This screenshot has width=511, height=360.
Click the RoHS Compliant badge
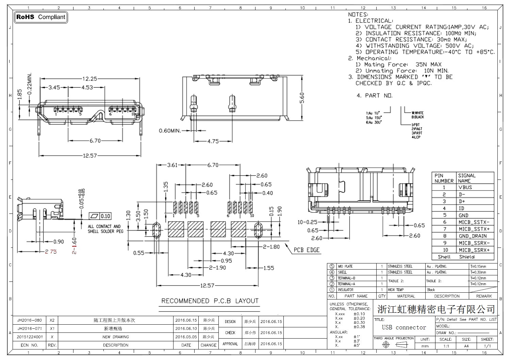coord(41,17)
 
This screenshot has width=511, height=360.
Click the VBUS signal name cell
coord(465,187)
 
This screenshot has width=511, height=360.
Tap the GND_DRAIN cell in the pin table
coord(473,236)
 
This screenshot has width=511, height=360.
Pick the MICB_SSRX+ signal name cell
coord(474,250)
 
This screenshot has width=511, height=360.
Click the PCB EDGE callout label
coord(307,250)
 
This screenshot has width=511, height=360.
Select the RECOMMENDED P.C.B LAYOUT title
coord(210,301)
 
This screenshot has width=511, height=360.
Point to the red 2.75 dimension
coord(51,252)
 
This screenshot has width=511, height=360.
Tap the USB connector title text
coord(404,327)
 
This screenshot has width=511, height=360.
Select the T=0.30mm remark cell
coord(478,272)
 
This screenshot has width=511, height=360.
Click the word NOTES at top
coord(358,15)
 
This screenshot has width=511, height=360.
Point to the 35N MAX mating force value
coord(428,65)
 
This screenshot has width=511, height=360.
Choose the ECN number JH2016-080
coord(30,320)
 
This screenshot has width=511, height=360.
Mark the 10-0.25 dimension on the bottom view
coord(307,222)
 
